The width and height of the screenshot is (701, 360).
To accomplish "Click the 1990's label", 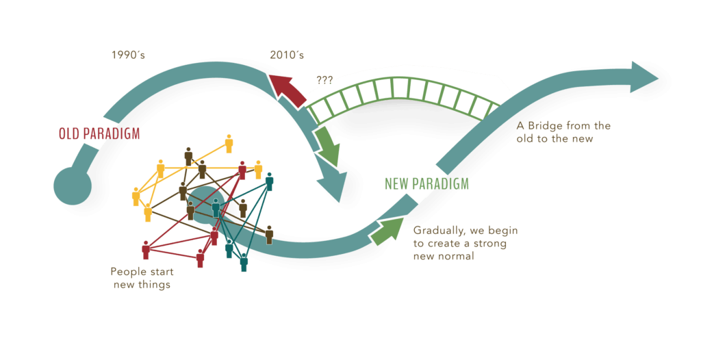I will (x=128, y=55).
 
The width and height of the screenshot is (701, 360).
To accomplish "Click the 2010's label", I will (x=286, y=55).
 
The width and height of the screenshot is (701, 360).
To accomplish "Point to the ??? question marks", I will (x=324, y=80).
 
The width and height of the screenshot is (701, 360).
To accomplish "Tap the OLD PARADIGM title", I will (x=99, y=133).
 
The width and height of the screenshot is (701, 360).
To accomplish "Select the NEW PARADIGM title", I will (x=426, y=183).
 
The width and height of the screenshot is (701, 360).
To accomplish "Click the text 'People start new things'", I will (x=142, y=278).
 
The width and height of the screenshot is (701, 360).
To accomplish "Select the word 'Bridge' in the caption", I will (x=544, y=127).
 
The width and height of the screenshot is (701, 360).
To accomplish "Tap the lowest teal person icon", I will (x=243, y=262).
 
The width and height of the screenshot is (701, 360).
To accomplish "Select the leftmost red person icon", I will (x=145, y=250).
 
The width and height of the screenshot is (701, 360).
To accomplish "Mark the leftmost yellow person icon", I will (x=136, y=196).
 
